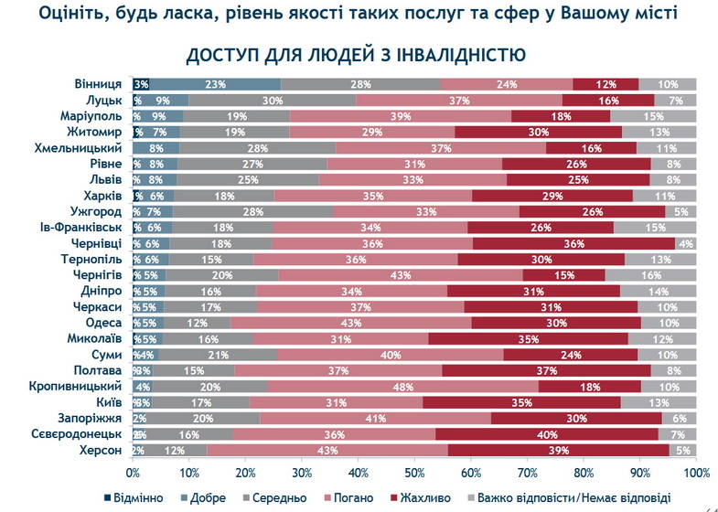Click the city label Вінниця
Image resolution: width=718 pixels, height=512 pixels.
[100, 84]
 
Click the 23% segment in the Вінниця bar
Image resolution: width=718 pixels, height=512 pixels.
[216, 84]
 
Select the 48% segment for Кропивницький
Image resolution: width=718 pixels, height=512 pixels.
[402, 387]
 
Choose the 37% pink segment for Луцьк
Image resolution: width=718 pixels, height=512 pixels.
[459, 101]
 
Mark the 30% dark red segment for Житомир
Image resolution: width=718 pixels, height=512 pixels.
[539, 133]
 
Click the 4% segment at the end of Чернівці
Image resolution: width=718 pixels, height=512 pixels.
[685, 244]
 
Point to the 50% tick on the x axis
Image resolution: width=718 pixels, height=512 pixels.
[415, 473]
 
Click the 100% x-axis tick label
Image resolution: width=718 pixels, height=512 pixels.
[695, 473]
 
